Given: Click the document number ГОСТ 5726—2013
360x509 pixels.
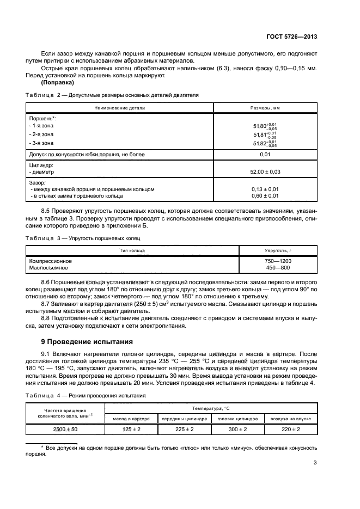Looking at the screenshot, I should click(292, 36).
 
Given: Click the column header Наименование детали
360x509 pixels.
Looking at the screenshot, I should click(119, 108).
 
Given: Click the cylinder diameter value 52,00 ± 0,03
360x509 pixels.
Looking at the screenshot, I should click(265, 171).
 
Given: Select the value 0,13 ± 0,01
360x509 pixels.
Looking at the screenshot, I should click(265, 189).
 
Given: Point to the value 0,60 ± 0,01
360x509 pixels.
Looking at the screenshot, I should click(265, 195).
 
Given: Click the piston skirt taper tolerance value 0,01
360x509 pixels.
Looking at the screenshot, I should click(265, 155).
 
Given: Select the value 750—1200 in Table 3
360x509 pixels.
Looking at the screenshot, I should click(278, 261).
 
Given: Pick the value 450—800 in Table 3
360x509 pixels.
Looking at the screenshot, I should click(278, 268).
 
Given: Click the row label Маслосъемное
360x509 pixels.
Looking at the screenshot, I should click(48, 268).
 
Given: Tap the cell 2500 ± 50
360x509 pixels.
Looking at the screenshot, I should click(65, 429).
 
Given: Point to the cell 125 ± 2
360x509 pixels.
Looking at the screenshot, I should click(131, 429).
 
